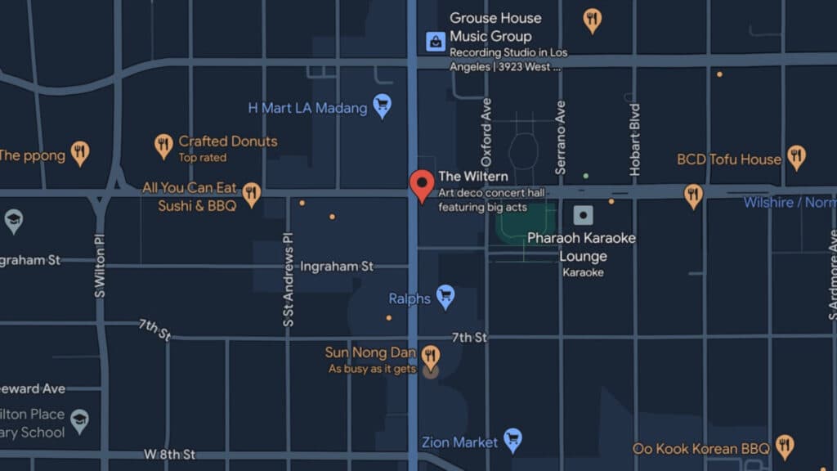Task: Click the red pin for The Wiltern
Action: pyautogui.click(x=422, y=184)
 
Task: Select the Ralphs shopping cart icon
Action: pyautogui.click(x=445, y=296)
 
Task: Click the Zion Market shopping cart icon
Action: pyautogui.click(x=512, y=440)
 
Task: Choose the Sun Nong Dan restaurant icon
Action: pyautogui.click(x=431, y=356)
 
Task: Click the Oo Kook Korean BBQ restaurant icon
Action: pyautogui.click(x=785, y=446)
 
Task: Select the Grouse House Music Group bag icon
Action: pyautogui.click(x=436, y=40)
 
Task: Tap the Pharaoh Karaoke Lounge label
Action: pyautogui.click(x=581, y=247)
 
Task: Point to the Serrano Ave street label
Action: pyautogui.click(x=561, y=137)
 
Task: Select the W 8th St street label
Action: pyautogui.click(x=170, y=454)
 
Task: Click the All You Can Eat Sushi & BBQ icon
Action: pyautogui.click(x=251, y=193)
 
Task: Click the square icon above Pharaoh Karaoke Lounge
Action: pyautogui.click(x=583, y=216)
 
